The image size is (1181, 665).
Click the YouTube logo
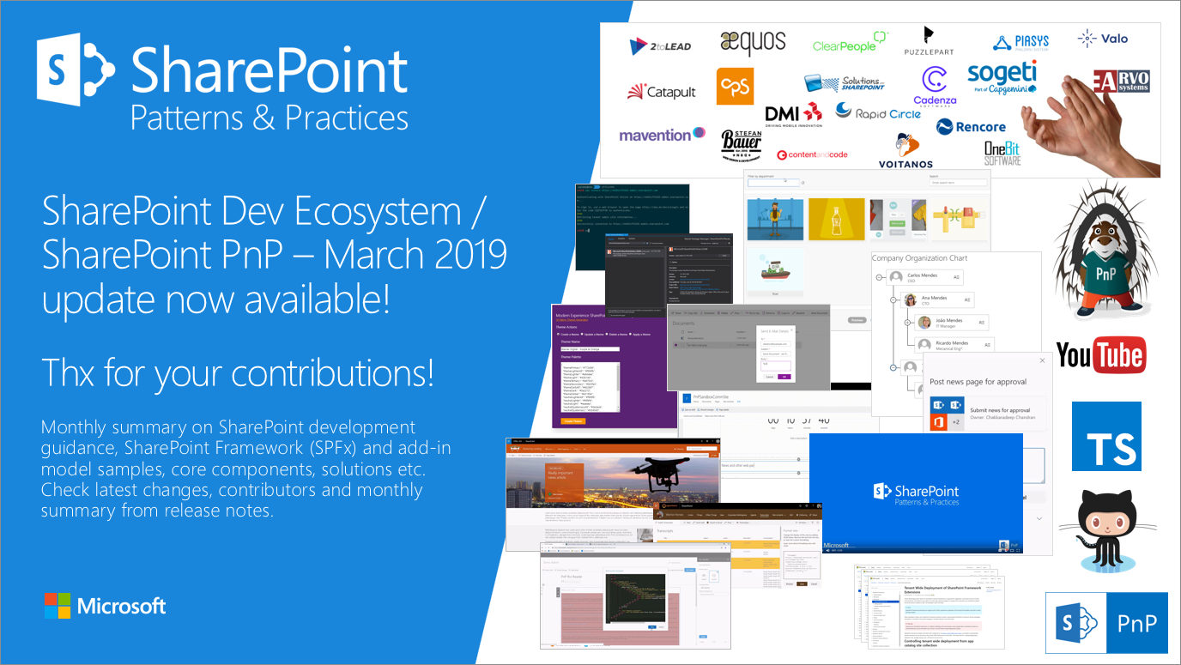click(1099, 354)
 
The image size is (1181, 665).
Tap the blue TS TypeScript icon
click(1105, 437)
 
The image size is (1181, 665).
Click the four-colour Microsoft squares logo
click(57, 606)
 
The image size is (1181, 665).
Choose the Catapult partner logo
click(661, 92)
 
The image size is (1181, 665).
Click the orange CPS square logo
click(735, 87)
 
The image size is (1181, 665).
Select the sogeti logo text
click(1002, 75)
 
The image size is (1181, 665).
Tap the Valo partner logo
click(1103, 39)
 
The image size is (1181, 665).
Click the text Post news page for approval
click(978, 382)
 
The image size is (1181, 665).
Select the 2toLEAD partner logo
click(666, 46)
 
